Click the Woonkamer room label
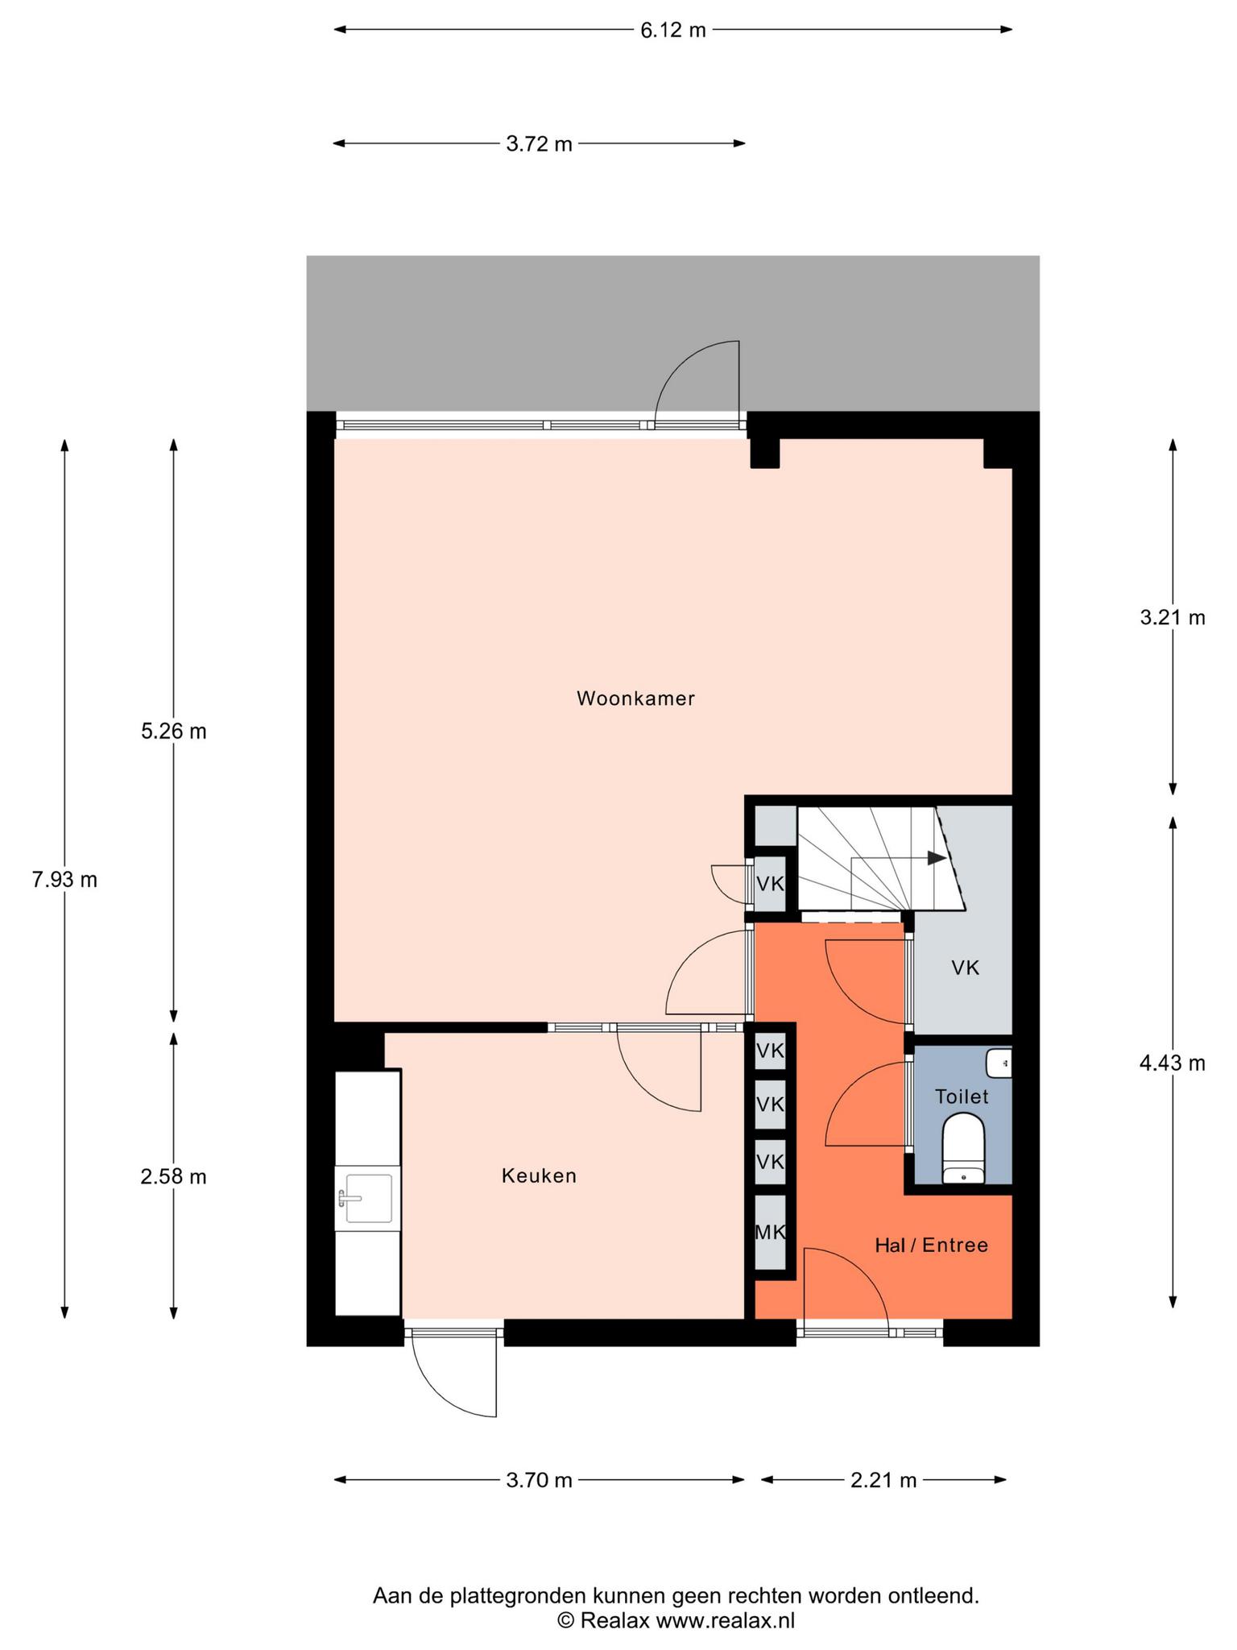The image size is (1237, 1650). (x=635, y=699)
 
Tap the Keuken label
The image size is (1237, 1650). (x=539, y=1175)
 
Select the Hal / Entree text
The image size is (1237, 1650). (x=931, y=1245)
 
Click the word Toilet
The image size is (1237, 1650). (x=962, y=1096)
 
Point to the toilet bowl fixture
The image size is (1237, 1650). (x=963, y=1148)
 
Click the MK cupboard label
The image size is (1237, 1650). (x=770, y=1232)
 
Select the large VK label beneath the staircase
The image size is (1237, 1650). (x=965, y=968)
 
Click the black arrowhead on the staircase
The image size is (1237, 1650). (x=937, y=858)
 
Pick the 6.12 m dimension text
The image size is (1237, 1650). (x=673, y=31)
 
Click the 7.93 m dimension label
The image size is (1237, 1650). (x=64, y=880)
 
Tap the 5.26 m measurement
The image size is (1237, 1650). (x=174, y=731)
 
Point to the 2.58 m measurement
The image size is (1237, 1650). (x=174, y=1177)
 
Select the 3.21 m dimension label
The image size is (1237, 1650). (x=1173, y=617)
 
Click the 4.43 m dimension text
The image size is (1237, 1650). (x=1173, y=1063)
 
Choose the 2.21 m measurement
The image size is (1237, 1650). (x=884, y=1480)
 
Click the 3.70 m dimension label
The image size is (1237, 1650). (x=540, y=1480)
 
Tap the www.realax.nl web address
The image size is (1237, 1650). (x=726, y=1620)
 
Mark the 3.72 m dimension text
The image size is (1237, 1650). (x=540, y=144)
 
